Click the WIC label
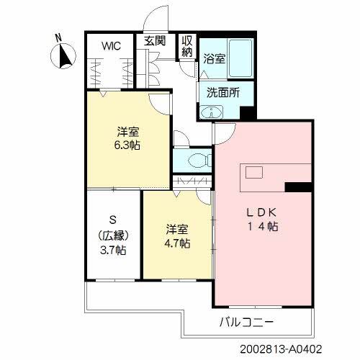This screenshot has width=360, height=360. pos(111,46)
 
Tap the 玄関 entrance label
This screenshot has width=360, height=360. pos(155,41)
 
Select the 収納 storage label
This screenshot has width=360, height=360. pos(187,46)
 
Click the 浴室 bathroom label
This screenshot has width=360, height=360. pos(215,58)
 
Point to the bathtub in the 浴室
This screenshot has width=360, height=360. pos(240,58)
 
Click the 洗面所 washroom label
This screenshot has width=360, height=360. pos(223,93)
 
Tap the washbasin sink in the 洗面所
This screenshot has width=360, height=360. pos(212,112)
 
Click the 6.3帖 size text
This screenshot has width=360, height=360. pos(127,145)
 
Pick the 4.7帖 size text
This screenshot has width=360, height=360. pos(177,243)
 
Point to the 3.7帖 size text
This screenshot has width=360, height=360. pos(113,251)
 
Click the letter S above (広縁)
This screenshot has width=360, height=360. pos(113,220)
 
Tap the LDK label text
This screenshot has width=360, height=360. pos(262,212)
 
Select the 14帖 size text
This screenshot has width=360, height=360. pos(263,226)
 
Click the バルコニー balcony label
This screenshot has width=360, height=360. pos(247,322)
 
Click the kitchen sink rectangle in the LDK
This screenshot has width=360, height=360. pos(254,173)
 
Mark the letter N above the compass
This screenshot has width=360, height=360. pos(58,38)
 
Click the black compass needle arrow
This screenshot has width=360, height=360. pos(66,55)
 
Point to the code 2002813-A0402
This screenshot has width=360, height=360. pos(281,349)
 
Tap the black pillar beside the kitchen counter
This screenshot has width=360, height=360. pos(299,187)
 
